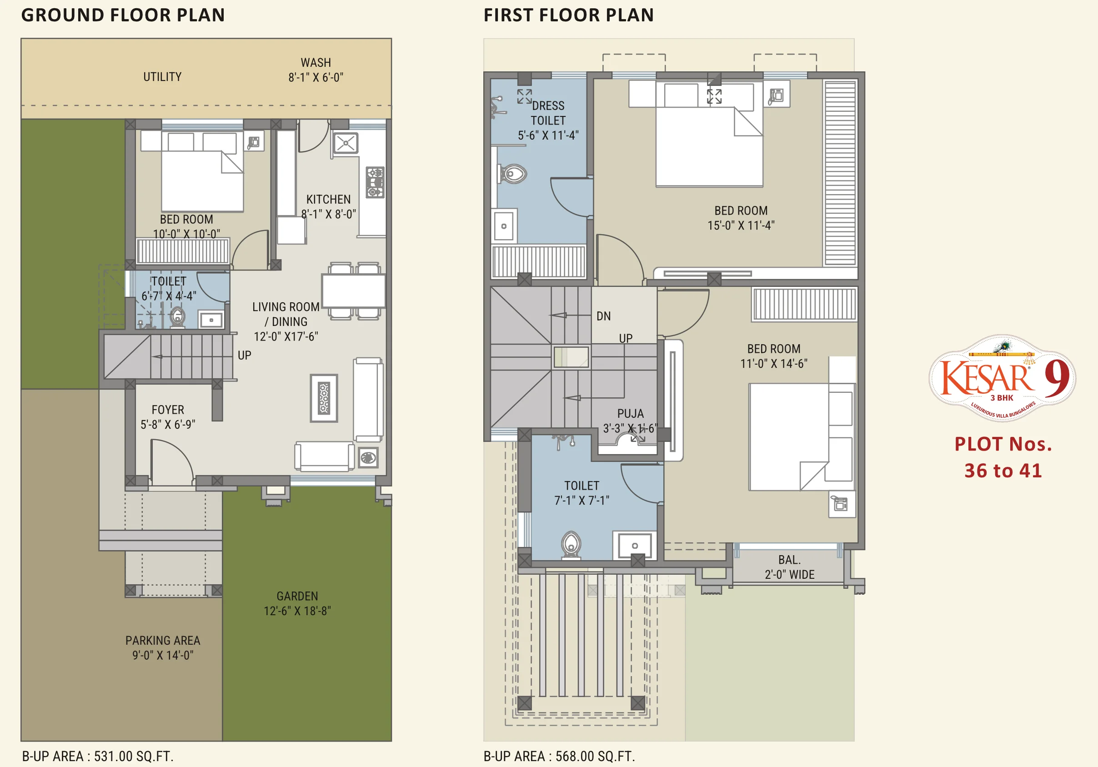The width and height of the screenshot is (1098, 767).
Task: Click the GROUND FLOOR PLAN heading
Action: point(123,15)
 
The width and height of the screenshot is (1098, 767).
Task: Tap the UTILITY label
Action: point(163,77)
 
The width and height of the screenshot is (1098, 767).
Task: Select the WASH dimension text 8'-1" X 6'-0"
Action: point(316,77)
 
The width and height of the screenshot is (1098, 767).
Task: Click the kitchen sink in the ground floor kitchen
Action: point(345,143)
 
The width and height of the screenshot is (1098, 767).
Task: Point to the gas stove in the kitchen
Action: point(375,182)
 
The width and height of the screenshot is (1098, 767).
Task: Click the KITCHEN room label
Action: point(329,200)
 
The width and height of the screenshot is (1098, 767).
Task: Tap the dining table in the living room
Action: point(354,291)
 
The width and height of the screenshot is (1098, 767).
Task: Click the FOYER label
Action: point(168,410)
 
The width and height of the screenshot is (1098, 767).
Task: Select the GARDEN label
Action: point(297,597)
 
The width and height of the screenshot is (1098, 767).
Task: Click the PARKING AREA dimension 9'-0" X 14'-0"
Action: point(163,655)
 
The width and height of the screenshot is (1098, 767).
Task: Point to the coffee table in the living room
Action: point(324,398)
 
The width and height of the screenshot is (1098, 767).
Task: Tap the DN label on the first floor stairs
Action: point(603,316)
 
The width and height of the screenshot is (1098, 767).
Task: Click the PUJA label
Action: point(630,414)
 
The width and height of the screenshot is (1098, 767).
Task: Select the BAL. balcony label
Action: point(790,560)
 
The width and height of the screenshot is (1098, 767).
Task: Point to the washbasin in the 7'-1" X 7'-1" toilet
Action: point(635,546)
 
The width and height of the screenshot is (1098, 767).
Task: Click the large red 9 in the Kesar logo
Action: point(1057,378)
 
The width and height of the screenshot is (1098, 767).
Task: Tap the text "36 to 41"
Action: point(1003,471)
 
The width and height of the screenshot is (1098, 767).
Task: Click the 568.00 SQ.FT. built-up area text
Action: point(596,757)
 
